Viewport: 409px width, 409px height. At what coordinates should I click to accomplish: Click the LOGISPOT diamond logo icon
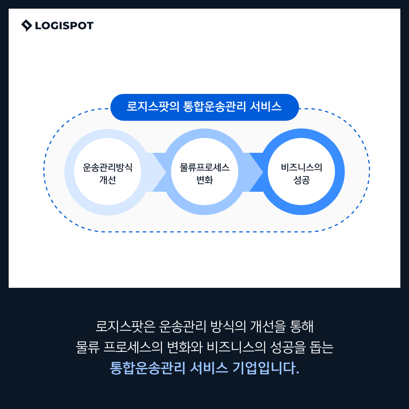tap(27, 26)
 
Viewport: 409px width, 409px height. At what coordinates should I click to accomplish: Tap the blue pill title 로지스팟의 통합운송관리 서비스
tap(204, 107)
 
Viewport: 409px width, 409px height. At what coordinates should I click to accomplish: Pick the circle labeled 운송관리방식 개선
tap(107, 172)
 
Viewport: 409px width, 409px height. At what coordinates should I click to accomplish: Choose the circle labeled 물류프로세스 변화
tap(204, 172)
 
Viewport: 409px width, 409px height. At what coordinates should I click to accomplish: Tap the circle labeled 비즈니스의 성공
tap(302, 172)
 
